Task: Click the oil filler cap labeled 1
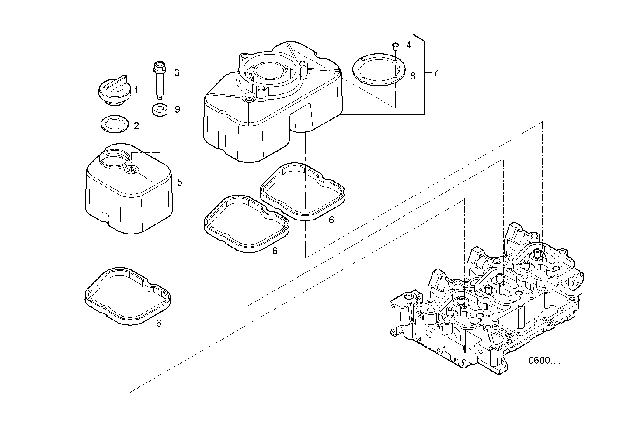click(113, 91)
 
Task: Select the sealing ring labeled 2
click(114, 124)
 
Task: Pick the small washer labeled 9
click(160, 110)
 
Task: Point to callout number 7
click(436, 72)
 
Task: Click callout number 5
click(179, 182)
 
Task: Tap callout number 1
click(136, 90)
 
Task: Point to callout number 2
click(136, 126)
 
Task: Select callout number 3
click(177, 72)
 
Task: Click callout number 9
click(177, 109)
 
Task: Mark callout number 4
click(408, 45)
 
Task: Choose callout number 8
click(412, 76)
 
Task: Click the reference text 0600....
click(544, 361)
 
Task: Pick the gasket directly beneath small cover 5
click(127, 296)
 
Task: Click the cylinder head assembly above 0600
click(485, 306)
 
